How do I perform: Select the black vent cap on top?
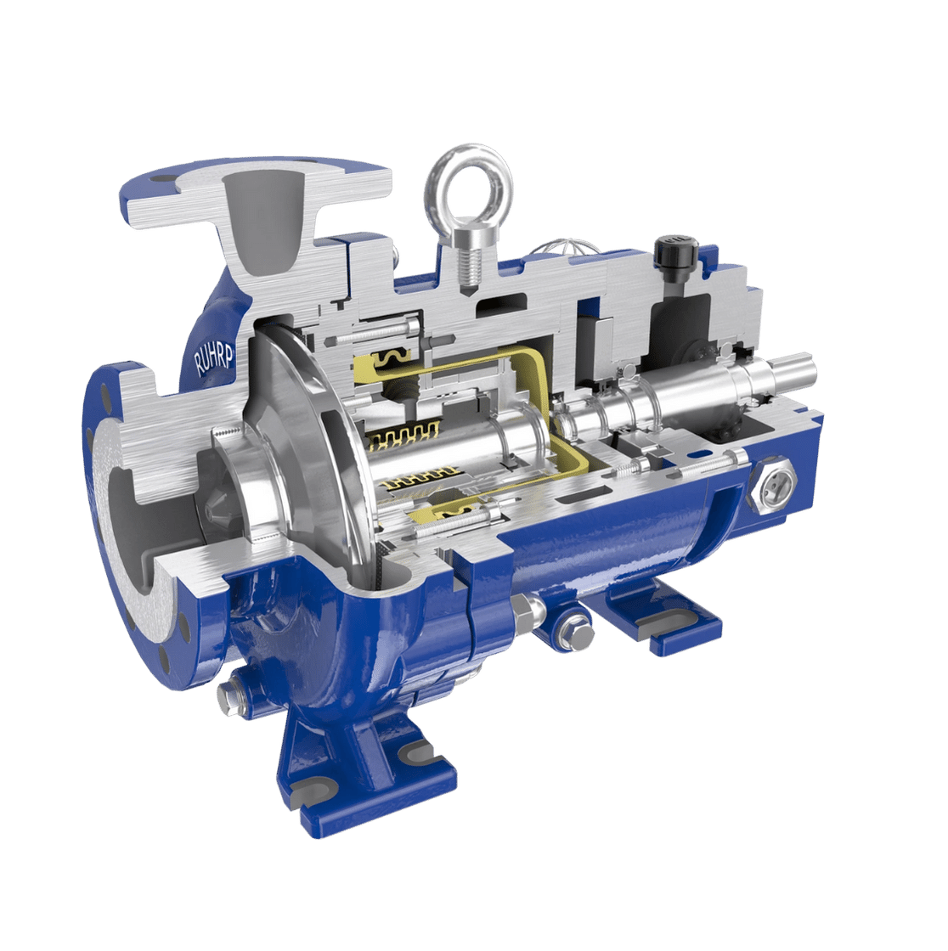pyautogui.click(x=674, y=251)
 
